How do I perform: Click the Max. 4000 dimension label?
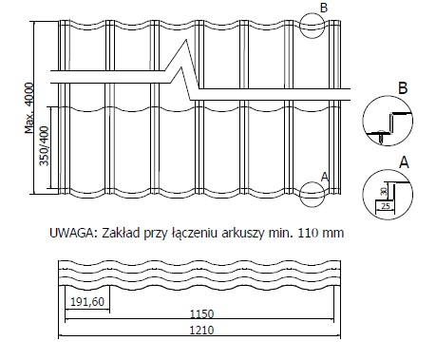coord(29,108)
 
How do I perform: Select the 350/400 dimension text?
coord(45,146)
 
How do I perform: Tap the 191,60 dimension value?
coord(87,302)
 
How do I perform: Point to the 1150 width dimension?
coord(202,314)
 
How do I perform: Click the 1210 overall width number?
coord(201,331)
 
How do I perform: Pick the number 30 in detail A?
coord(384,191)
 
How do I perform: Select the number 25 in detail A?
coord(385,206)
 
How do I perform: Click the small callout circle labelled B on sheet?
coord(313,26)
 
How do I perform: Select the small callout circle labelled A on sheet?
coord(313,194)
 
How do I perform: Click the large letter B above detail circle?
coord(403,87)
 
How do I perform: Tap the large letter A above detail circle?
coord(404,162)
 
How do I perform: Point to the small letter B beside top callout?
coord(324,8)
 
